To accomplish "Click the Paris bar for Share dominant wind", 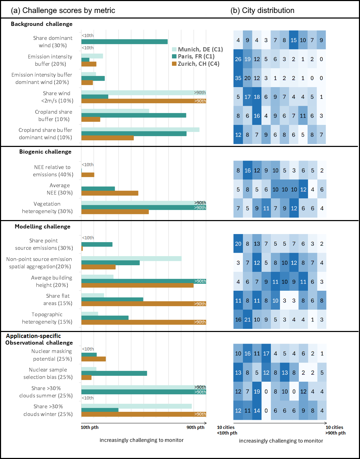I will [x=124, y=42].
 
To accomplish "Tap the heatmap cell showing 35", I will [x=238, y=78].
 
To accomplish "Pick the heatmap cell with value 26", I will [x=238, y=59].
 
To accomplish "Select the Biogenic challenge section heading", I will [x=41, y=152].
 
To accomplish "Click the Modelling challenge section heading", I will [x=43, y=227].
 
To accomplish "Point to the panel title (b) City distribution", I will [x=262, y=10].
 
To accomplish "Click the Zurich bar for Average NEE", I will [x=110, y=193].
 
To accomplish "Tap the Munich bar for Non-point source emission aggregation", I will [x=131, y=259].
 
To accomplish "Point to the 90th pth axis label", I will [x=196, y=428].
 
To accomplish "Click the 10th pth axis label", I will [x=90, y=428].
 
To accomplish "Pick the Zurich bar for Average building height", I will [x=137, y=285].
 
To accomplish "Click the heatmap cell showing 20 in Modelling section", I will [x=238, y=243].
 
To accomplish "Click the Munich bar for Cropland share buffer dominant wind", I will [x=140, y=130].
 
